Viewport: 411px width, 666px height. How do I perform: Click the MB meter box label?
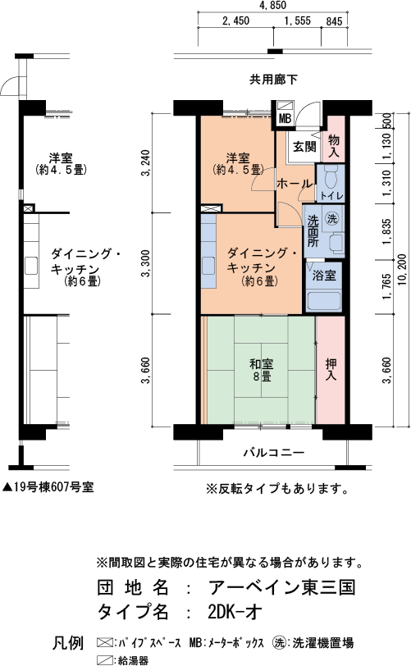pyautogui.click(x=285, y=119)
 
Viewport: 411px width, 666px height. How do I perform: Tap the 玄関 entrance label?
pyautogui.click(x=304, y=147)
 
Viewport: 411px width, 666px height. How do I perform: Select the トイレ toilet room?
pyautogui.click(x=331, y=184)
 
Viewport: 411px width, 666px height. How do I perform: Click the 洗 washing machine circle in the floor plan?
pyautogui.click(x=331, y=219)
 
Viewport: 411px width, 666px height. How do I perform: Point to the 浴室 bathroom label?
pyautogui.click(x=324, y=276)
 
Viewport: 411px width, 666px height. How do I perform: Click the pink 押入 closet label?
pyautogui.click(x=331, y=370)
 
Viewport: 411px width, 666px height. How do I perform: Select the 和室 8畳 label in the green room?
pyautogui.click(x=261, y=370)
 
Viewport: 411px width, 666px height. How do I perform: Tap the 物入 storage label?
pyautogui.click(x=334, y=146)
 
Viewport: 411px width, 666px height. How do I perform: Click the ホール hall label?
pyautogui.click(x=295, y=184)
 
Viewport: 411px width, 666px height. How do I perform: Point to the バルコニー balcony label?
pyautogui.click(x=274, y=453)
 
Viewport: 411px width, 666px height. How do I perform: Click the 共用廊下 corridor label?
pyautogui.click(x=273, y=80)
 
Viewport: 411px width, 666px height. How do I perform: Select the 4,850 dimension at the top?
pyautogui.click(x=272, y=6)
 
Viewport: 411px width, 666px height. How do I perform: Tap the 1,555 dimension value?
pyautogui.click(x=298, y=21)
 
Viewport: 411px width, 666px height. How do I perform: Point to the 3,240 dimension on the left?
pyautogui.click(x=146, y=162)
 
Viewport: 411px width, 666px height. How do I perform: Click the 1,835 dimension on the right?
pyautogui.click(x=386, y=232)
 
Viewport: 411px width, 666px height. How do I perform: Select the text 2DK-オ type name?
pyautogui.click(x=235, y=612)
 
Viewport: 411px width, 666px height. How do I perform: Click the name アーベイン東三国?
pyautogui.click(x=281, y=587)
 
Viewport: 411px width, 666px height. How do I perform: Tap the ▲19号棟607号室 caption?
pyautogui.click(x=48, y=486)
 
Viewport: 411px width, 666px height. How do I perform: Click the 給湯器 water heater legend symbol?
pyautogui.click(x=104, y=660)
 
